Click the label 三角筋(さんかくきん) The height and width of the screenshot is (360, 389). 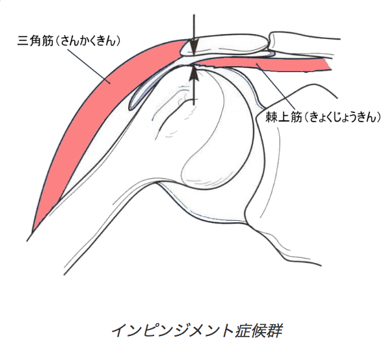click(69, 41)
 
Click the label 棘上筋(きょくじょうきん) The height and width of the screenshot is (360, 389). click(323, 117)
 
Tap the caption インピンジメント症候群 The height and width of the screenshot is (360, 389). click(197, 331)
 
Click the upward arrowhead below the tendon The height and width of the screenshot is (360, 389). click(194, 73)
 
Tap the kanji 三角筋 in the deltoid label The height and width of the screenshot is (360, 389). click(35, 41)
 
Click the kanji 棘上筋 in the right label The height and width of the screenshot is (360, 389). click(284, 117)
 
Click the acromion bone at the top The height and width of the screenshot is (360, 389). click(224, 45)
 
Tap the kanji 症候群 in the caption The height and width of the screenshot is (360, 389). click(258, 331)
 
